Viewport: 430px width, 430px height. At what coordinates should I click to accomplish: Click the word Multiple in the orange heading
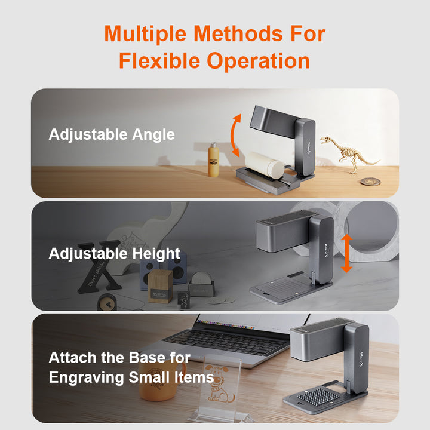[146, 34]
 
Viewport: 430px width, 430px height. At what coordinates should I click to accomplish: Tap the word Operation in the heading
[259, 61]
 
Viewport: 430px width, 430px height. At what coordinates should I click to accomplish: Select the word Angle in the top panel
[153, 135]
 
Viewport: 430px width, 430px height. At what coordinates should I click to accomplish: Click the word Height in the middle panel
[156, 254]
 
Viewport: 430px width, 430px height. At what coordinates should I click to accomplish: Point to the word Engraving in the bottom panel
[86, 378]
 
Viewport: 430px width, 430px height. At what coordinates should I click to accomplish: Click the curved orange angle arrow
[232, 135]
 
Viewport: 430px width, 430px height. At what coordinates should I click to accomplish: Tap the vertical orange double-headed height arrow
[346, 253]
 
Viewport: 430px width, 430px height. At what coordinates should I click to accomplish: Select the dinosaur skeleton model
[349, 153]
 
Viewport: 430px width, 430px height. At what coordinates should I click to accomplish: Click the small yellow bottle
[213, 159]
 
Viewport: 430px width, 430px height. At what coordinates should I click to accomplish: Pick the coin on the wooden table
[370, 182]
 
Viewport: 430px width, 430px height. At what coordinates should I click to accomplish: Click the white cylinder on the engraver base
[265, 165]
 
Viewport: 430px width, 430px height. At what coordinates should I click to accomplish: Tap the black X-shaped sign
[99, 266]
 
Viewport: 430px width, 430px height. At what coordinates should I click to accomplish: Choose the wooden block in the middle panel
[160, 286]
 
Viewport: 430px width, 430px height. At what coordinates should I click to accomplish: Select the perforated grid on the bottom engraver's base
[318, 397]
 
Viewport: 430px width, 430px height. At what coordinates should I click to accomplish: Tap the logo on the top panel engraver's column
[309, 148]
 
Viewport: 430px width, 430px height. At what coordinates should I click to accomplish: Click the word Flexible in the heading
[159, 61]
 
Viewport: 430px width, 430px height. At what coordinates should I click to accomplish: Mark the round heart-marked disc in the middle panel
[107, 302]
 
